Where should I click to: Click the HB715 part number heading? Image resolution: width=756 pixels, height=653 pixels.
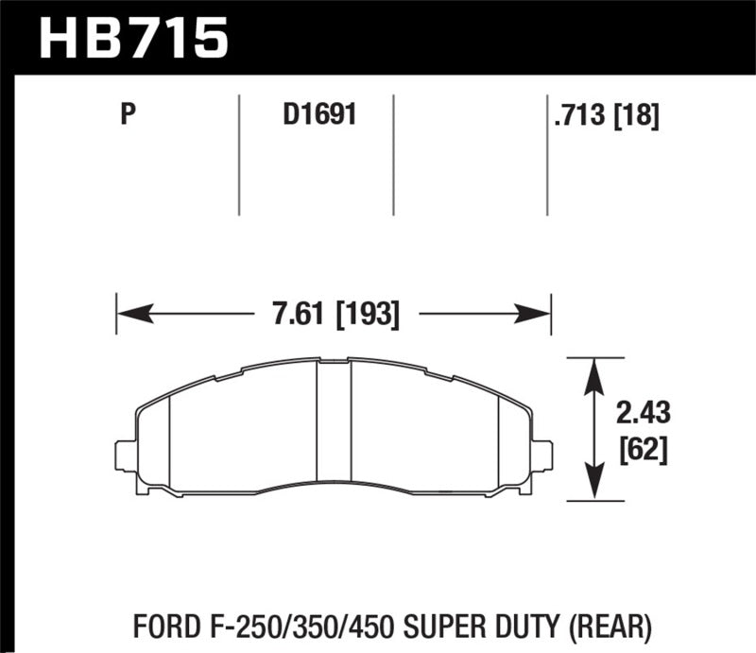click(133, 38)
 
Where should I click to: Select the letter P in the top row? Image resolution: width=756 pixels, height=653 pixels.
click(129, 115)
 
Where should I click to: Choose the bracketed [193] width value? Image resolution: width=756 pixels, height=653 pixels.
click(368, 313)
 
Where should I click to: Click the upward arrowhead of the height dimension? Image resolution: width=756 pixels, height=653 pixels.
click(593, 370)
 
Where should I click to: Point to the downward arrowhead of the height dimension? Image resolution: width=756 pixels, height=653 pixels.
click(593, 488)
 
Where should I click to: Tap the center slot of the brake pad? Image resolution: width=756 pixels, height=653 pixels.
click(333, 425)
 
